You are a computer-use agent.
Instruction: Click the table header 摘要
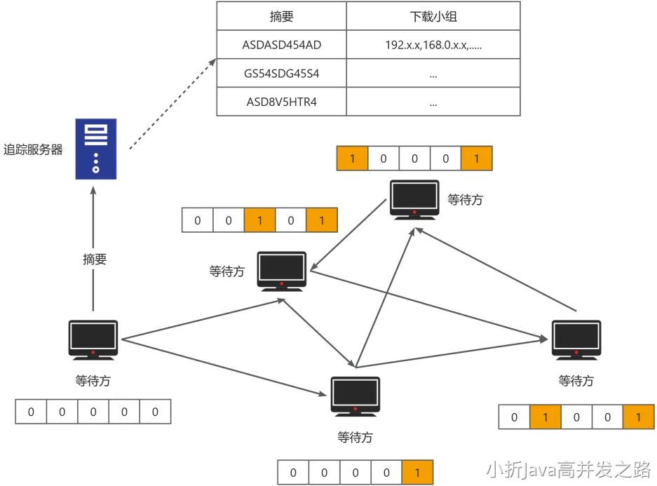coord(281,16)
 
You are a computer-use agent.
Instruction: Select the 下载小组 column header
coord(433,16)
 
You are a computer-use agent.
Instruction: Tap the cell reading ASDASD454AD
coord(281,45)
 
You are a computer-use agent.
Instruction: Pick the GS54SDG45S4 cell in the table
coord(281,73)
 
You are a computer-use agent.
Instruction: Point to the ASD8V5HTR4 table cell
coord(281,102)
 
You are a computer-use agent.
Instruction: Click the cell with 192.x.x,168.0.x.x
coord(433,45)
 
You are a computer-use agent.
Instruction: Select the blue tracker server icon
coord(96,148)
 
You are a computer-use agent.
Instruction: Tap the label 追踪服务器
coord(33,149)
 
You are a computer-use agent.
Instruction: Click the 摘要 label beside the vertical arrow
coord(95,259)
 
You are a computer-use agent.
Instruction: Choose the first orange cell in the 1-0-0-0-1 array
coord(353,158)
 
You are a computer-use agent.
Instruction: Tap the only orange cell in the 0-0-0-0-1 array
coord(418,472)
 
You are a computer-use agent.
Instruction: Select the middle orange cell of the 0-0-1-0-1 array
coord(260,220)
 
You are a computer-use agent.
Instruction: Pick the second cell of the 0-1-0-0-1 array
coord(546,417)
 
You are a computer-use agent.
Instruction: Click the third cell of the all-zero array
coord(93,412)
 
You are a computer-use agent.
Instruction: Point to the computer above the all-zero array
coord(93,341)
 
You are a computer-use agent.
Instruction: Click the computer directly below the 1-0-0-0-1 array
coord(415,199)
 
